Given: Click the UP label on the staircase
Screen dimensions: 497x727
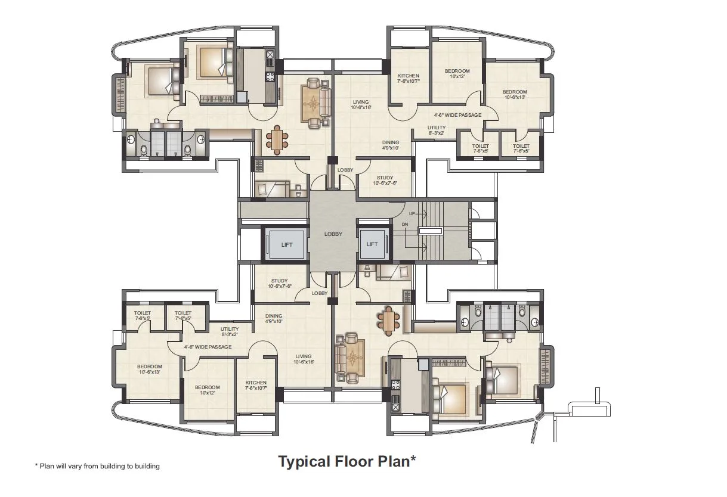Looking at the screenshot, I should [x=412, y=213].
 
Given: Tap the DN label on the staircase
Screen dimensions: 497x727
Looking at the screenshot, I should [x=404, y=225].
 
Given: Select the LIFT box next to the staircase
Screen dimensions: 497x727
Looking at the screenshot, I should [x=372, y=244].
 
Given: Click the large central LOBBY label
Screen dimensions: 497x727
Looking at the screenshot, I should [x=333, y=234].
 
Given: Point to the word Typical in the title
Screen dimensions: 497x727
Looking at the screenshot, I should [x=304, y=461].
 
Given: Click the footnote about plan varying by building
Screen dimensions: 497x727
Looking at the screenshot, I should [x=97, y=466].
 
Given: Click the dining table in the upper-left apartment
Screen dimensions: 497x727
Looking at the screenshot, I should [x=277, y=139].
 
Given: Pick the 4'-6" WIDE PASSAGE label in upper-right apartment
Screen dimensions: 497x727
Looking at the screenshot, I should [x=457, y=115].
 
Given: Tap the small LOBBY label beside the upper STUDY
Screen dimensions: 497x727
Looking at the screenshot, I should [x=345, y=170].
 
